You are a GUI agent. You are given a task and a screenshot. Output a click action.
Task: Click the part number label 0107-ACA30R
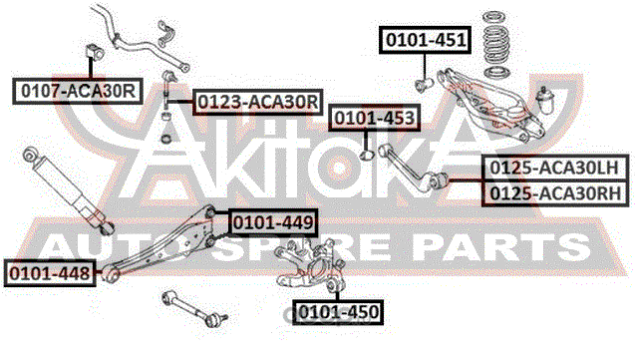pyautogui.click(x=78, y=91)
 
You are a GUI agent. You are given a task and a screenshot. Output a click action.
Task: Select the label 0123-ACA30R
pyautogui.click(x=257, y=102)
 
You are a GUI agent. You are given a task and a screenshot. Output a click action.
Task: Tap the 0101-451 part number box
pyautogui.click(x=426, y=40)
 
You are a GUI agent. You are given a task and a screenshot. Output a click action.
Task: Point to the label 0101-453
pyautogui.click(x=375, y=118)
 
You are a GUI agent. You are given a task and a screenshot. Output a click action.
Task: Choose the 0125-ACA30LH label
pyautogui.click(x=555, y=168)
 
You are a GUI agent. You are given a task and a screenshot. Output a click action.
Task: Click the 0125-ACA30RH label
pyautogui.click(x=555, y=193)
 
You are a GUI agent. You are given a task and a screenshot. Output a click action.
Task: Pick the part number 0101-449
pyautogui.click(x=273, y=222)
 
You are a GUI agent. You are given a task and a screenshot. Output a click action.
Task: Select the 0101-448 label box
pyautogui.click(x=50, y=273)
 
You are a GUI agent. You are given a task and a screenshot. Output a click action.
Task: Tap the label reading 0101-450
pyautogui.click(x=339, y=312)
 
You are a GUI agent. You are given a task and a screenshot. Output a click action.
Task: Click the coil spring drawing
pyautogui.click(x=496, y=44)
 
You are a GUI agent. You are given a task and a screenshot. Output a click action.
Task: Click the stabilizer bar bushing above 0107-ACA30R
pyautogui.click(x=96, y=52)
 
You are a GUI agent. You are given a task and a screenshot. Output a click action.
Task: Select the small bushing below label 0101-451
pyautogui.click(x=424, y=85)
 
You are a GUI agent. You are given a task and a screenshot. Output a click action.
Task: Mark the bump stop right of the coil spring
pyautogui.click(x=545, y=101)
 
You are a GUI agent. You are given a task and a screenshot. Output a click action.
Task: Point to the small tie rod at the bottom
pyautogui.click(x=194, y=309)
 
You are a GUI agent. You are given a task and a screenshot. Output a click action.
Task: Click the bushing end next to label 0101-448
pyautogui.click(x=110, y=273)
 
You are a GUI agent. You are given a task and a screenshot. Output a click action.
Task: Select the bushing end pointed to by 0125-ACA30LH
pyautogui.click(x=440, y=180)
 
